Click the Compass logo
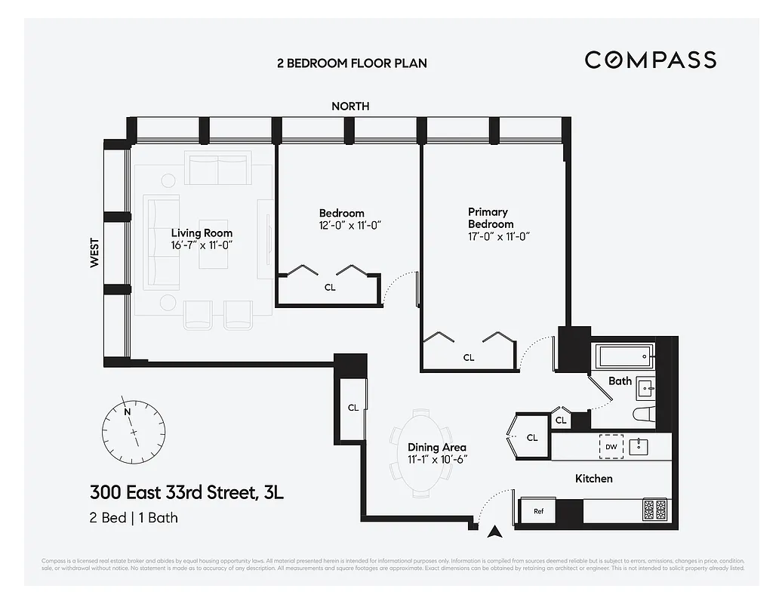650,60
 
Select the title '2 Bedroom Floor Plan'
352,63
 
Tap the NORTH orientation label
350,106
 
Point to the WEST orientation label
94,253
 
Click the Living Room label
202,233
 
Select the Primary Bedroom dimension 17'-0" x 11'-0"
498,236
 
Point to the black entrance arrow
495,532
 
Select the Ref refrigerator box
538,511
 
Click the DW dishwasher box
611,447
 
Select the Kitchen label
593,479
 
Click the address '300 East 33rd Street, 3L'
186,494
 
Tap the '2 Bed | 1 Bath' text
134,518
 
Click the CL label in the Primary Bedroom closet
469,358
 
